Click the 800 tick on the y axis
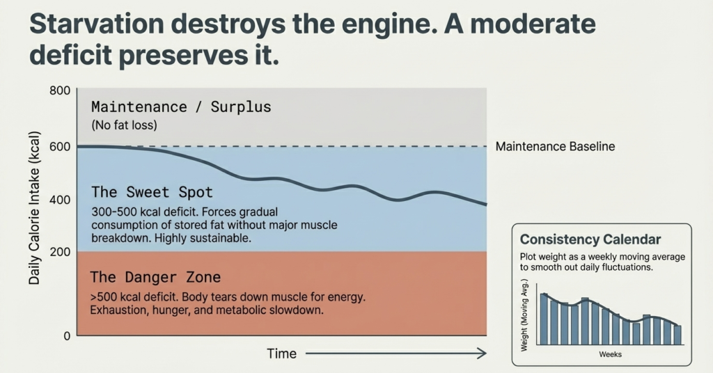(x=61, y=90)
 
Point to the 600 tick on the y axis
(x=61, y=147)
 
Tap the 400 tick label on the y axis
(x=61, y=200)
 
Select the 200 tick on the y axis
(x=61, y=251)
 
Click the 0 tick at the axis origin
(x=67, y=335)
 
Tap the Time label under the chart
(x=281, y=354)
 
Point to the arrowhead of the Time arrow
(x=482, y=354)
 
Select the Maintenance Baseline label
(x=555, y=147)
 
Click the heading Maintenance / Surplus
(x=181, y=108)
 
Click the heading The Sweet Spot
(x=152, y=192)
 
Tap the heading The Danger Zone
(x=155, y=278)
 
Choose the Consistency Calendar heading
(x=590, y=239)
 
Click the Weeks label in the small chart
(x=610, y=354)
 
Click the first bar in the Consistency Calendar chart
(x=544, y=319)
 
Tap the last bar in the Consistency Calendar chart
(x=677, y=335)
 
